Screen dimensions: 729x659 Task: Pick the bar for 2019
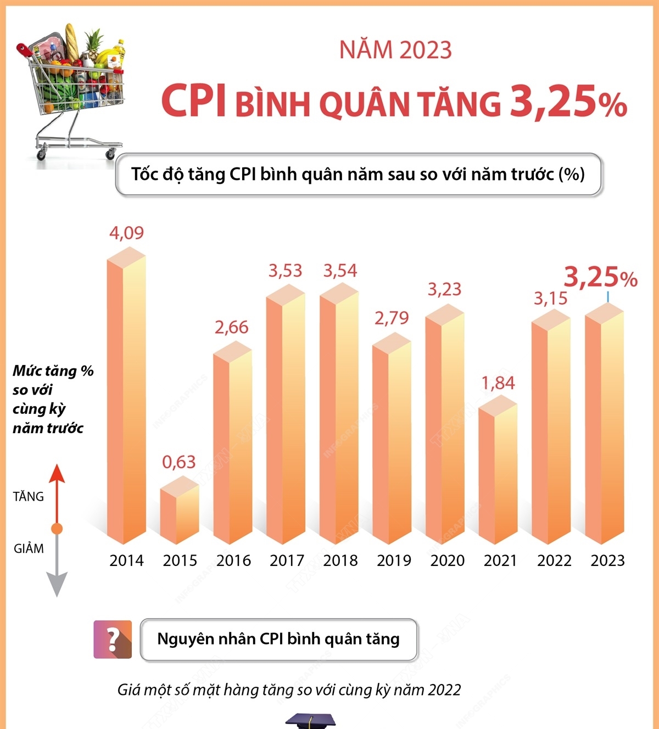(x=391, y=439)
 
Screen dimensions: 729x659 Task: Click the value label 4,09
(x=126, y=233)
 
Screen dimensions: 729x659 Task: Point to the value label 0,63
(x=178, y=462)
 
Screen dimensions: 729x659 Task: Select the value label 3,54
(x=340, y=271)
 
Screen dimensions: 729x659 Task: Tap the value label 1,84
(x=498, y=383)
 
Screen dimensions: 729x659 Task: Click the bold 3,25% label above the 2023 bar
(x=600, y=277)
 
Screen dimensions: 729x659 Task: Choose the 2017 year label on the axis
(x=287, y=560)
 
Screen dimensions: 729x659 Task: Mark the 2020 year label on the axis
(x=447, y=560)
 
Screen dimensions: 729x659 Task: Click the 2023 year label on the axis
(x=607, y=560)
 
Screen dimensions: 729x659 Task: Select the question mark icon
(x=113, y=639)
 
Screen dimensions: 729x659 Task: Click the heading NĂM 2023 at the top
(x=395, y=50)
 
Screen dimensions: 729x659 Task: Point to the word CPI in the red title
(x=193, y=101)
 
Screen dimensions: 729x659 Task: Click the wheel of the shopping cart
(x=42, y=154)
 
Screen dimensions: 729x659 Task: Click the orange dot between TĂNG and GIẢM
(x=57, y=529)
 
